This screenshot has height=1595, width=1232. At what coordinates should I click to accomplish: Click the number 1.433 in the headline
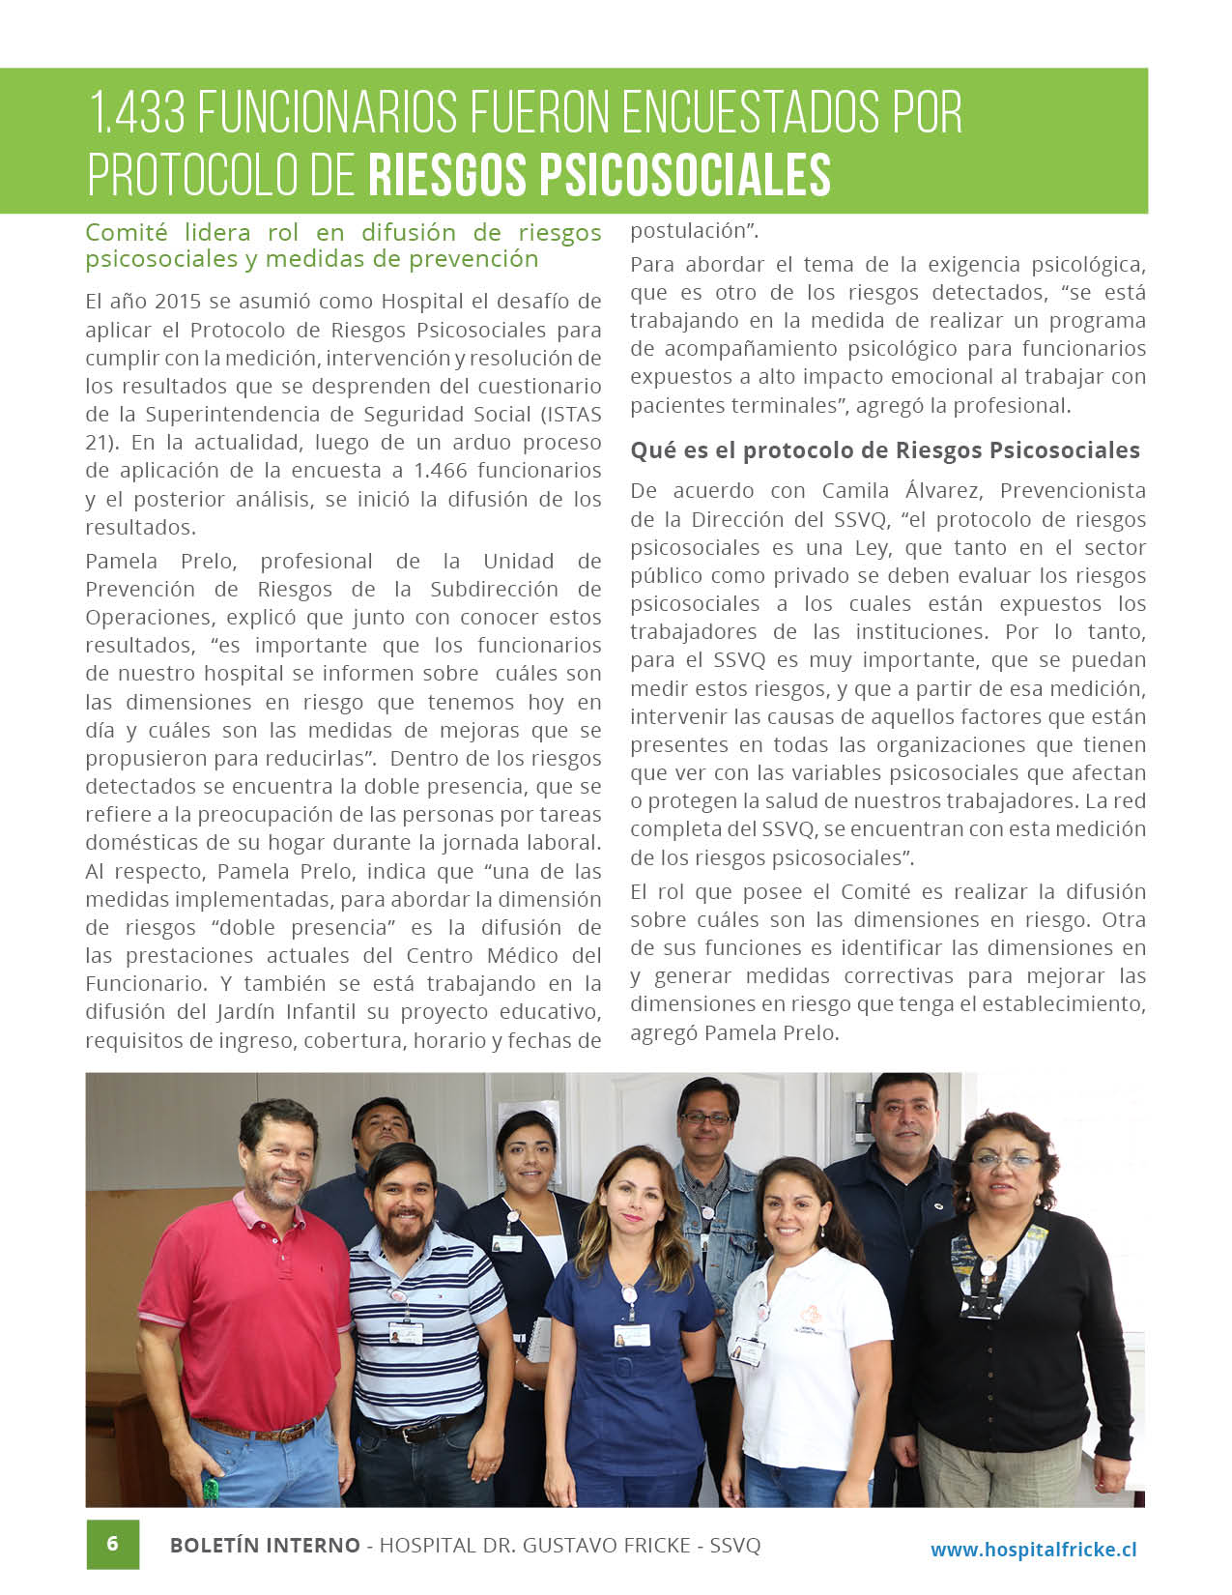[136, 114]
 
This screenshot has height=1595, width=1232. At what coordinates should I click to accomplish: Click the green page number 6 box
[112, 1543]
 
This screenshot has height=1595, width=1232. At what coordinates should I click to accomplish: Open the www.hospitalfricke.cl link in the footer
[1033, 1550]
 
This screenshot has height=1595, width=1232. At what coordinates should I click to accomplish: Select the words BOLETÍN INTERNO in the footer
[265, 1545]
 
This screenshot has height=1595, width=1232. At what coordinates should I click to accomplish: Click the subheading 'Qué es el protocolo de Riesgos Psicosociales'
[884, 450]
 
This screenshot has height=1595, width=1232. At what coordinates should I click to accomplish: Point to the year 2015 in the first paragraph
[170, 302]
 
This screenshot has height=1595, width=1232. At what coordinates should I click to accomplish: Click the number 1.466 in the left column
[440, 471]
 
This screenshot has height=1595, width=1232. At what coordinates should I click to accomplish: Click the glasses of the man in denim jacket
[706, 1118]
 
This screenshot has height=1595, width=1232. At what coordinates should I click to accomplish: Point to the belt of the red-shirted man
[256, 1428]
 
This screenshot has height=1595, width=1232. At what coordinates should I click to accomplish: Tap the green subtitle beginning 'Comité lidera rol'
[343, 246]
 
